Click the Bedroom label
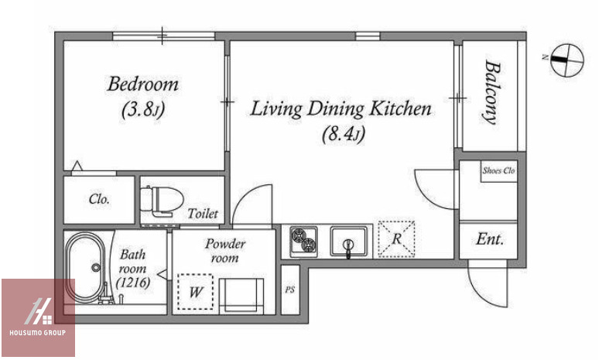(x=143, y=84)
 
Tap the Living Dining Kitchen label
(x=340, y=109)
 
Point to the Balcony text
(x=491, y=92)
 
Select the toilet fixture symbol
(x=162, y=201)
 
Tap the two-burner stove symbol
(x=304, y=242)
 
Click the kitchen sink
(x=348, y=242)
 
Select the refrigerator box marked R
(x=396, y=238)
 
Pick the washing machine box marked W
(x=195, y=292)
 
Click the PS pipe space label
(x=289, y=290)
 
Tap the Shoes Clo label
(x=498, y=170)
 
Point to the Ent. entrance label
(x=490, y=239)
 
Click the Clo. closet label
(x=99, y=200)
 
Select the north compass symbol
(x=566, y=60)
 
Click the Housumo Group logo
(x=38, y=317)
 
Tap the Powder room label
(x=225, y=251)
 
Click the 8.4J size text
(x=344, y=135)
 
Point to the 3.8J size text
(x=143, y=110)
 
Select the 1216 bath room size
(x=133, y=283)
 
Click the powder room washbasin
(x=241, y=296)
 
